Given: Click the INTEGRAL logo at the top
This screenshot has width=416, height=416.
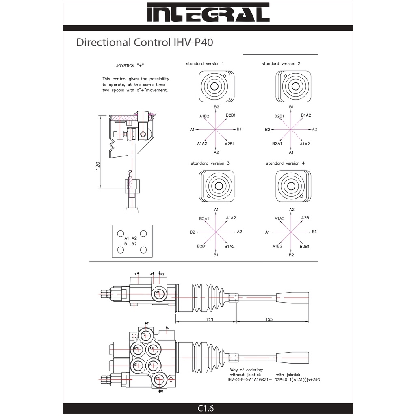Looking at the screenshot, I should coord(208,13).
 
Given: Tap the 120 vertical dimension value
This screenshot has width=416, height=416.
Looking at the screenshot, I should coord(97,166).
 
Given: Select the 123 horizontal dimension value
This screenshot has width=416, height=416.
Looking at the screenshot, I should coord(209,319).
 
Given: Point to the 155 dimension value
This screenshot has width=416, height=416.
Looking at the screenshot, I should coord(269,319).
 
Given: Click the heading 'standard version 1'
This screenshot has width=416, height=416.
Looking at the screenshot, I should coord(205,64).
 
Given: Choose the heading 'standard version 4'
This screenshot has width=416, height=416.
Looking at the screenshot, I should coord(285,163).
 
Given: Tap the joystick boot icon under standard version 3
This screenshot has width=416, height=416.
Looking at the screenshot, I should coord(217,186).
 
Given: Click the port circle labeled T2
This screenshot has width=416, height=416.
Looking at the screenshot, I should coord(144,335).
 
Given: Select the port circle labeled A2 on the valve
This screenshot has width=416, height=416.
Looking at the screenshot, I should coord(151,349).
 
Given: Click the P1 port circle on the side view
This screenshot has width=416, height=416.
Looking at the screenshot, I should coord(158,292).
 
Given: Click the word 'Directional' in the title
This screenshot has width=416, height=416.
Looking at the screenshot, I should coord(102,43).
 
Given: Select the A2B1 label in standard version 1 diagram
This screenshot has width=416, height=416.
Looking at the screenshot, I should coord(230,144).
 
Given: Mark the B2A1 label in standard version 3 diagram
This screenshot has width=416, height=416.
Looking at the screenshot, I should coord(204,219).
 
